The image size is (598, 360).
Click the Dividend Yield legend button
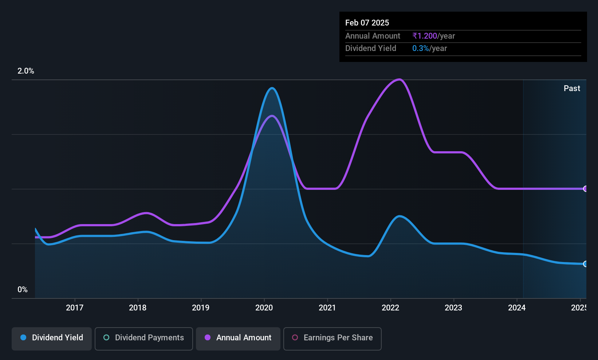[51, 339]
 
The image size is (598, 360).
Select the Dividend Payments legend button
[143, 339]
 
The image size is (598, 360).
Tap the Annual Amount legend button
[238, 339]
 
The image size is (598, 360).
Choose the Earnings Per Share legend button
[333, 339]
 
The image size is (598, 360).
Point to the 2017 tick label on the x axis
[75, 308]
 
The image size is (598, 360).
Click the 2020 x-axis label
[264, 308]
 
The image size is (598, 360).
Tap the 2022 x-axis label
[390, 308]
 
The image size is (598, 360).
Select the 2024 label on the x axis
[516, 308]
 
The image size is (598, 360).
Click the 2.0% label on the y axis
[26, 71]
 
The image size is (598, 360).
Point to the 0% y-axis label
[23, 290]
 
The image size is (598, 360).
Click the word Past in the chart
[572, 89]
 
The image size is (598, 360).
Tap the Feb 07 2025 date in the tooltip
[367, 23]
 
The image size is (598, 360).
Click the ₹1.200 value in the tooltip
[425, 36]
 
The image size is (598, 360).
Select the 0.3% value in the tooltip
[421, 48]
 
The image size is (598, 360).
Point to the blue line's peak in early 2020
[272, 88]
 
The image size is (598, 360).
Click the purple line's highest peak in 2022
[399, 79]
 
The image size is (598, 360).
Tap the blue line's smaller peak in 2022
[399, 216]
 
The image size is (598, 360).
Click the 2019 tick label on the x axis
[201, 308]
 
